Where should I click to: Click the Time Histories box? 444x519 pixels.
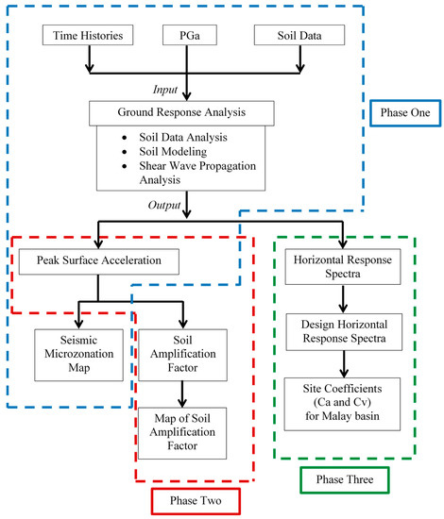click(x=88, y=35)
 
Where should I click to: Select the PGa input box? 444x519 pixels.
click(x=190, y=35)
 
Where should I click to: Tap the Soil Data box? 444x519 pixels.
click(x=299, y=35)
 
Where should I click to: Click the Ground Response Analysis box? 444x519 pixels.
click(x=181, y=113)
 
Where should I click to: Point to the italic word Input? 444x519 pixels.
click(x=165, y=90)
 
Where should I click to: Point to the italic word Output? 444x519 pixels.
click(x=164, y=205)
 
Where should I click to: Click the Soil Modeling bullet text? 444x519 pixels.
click(x=173, y=152)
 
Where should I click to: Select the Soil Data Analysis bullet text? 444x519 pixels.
click(x=183, y=137)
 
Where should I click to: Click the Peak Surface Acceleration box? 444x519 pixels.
click(x=99, y=261)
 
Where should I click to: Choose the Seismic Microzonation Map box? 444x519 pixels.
click(x=78, y=355)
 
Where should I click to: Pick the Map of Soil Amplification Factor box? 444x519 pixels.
click(x=182, y=433)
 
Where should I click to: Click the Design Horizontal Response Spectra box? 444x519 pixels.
click(x=344, y=332)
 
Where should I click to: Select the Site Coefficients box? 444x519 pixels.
click(x=342, y=404)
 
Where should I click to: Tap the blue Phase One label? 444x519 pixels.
click(x=405, y=113)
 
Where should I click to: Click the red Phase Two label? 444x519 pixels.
click(x=196, y=501)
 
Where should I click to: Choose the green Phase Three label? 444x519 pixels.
click(x=345, y=480)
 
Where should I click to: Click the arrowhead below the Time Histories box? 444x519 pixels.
click(x=90, y=69)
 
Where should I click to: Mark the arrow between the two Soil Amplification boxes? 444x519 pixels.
click(x=182, y=394)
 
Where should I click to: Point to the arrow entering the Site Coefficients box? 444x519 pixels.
click(x=344, y=364)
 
